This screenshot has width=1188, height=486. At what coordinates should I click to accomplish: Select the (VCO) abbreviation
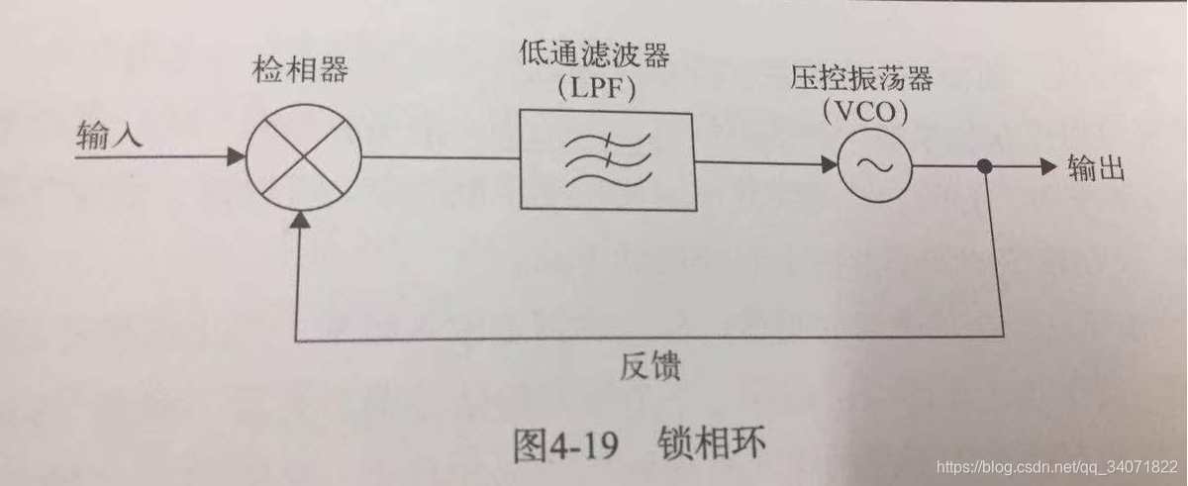860,112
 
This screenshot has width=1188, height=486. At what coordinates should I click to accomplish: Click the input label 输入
109,136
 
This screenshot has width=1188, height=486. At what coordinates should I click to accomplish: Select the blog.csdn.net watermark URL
1055,466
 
